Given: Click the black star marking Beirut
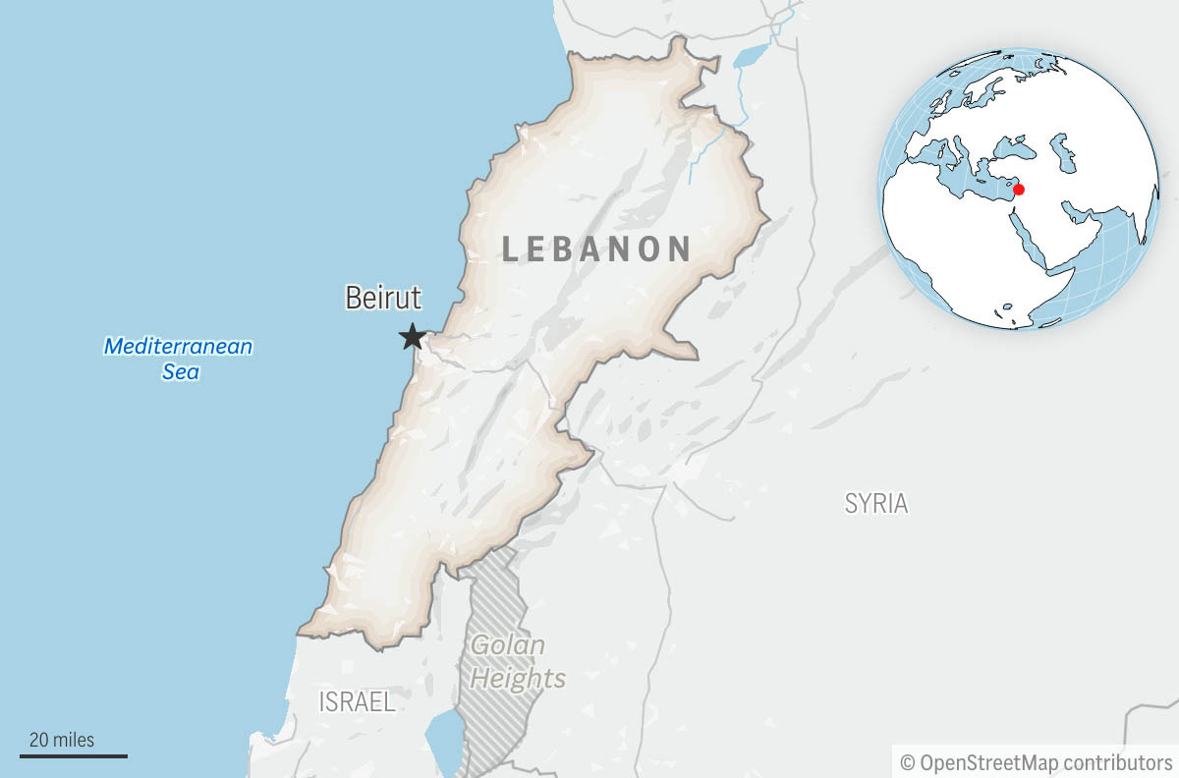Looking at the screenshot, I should [413, 337].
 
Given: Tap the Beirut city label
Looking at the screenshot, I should [383, 298].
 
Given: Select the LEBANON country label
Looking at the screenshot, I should [596, 249].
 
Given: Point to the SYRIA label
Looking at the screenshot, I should [876, 504].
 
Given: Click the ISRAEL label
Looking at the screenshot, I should [357, 701].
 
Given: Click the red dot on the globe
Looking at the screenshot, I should [1019, 189].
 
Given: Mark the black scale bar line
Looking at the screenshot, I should [74, 755].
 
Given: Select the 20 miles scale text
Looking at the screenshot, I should [62, 740].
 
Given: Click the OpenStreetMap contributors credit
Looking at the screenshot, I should [1037, 762].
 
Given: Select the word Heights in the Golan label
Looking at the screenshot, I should [531, 678].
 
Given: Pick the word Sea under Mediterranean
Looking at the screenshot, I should [180, 372].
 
